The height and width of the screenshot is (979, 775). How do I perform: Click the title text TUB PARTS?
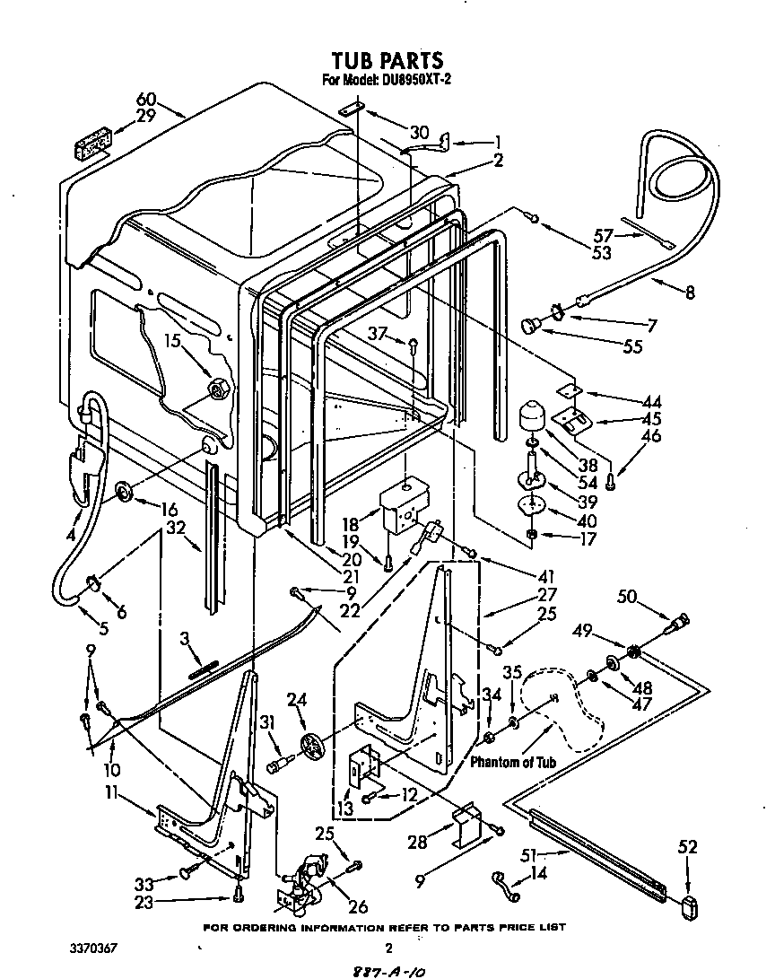(x=387, y=60)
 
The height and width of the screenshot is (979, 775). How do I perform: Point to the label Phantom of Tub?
(x=513, y=762)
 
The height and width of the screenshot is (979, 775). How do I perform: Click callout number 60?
(x=146, y=100)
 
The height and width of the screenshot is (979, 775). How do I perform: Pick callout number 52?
(x=687, y=846)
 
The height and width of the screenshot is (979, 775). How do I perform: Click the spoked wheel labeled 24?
(x=311, y=746)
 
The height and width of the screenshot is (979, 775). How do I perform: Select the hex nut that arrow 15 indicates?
(x=219, y=389)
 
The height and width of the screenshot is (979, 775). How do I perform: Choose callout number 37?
(x=379, y=334)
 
